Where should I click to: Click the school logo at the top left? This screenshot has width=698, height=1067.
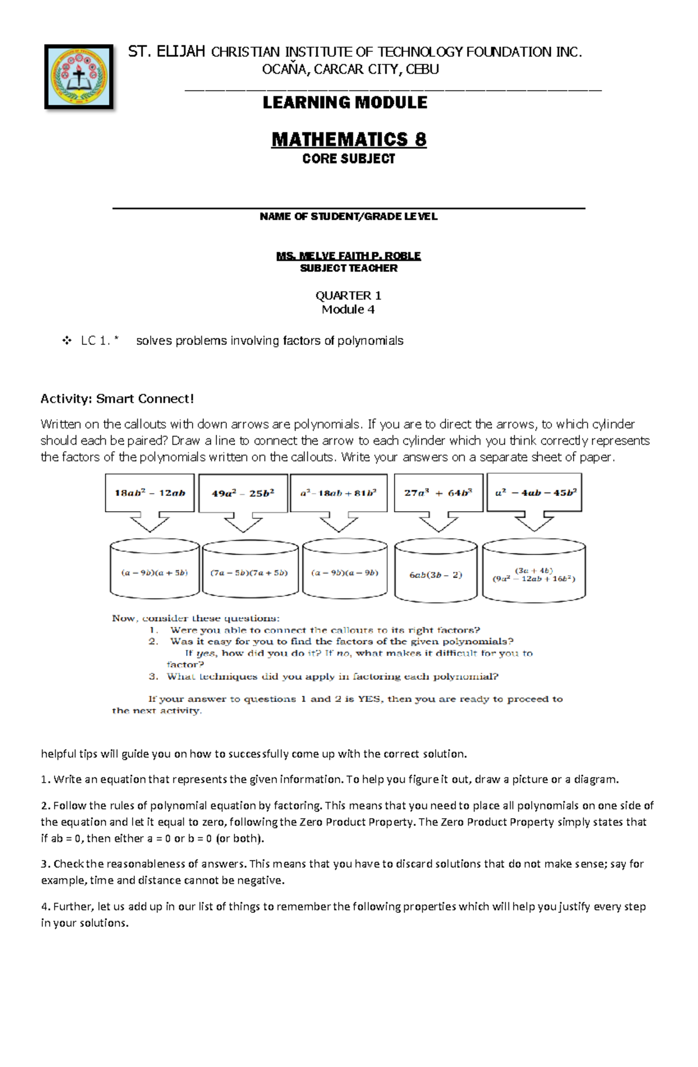tap(79, 77)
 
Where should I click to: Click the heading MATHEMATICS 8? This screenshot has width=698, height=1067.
tap(348, 140)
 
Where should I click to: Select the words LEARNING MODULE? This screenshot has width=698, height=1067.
tap(345, 103)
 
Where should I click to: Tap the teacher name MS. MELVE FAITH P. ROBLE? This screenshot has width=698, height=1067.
tap(348, 256)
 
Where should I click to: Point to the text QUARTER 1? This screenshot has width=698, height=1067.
tap(348, 295)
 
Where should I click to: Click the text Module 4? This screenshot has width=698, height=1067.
tap(348, 309)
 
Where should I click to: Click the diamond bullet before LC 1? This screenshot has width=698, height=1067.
tap(66, 341)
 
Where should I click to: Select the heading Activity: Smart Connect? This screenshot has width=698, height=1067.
tap(117, 399)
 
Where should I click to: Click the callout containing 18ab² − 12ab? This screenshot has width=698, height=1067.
tap(149, 493)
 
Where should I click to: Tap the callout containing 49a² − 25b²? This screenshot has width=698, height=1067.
tap(243, 493)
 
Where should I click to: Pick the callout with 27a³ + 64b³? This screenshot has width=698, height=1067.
tap(438, 493)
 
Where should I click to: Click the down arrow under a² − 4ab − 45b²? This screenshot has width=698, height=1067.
tap(534, 522)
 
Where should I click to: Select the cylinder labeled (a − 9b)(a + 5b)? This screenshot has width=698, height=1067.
tap(155, 573)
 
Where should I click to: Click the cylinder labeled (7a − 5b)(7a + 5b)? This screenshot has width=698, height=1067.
tap(250, 573)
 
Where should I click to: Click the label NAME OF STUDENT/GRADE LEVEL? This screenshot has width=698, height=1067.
tap(348, 217)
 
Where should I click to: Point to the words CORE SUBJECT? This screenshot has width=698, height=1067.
tap(348, 159)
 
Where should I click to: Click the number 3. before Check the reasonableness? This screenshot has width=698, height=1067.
tap(45, 864)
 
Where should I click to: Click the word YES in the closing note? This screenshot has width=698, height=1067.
tap(368, 699)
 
